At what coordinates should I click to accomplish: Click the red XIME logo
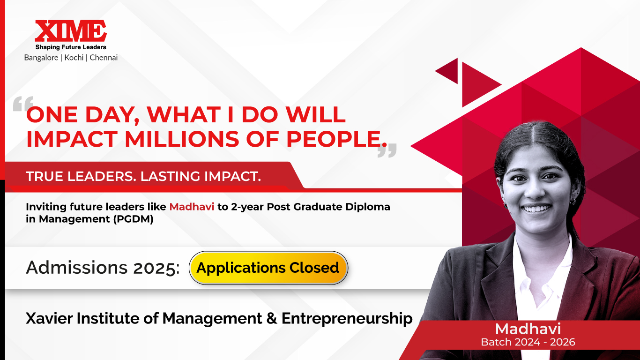71,31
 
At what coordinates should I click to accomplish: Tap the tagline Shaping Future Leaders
71,47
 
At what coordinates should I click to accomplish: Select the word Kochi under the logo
74,58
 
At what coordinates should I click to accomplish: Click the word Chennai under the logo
104,58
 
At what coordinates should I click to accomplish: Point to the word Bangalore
41,58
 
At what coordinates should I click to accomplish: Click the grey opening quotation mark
23,104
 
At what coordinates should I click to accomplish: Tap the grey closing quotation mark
387,150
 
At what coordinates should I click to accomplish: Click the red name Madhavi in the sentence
192,206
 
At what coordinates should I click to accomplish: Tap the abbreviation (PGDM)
133,219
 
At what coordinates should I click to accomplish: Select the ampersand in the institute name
272,318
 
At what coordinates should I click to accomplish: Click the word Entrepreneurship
347,319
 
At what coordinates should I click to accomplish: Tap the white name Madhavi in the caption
528,329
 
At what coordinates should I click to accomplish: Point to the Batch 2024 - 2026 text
528,342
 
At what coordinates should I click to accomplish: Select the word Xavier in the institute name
49,318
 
